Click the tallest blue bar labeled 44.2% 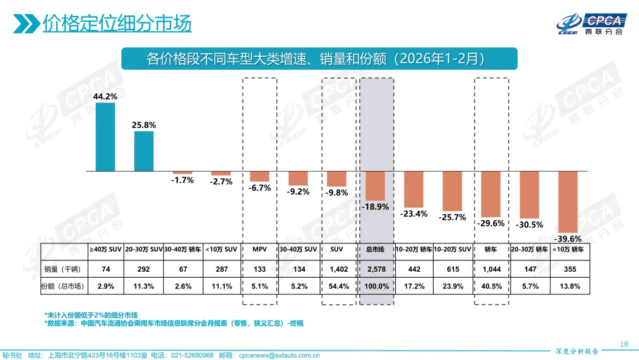[x=105, y=137]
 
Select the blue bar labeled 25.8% [x=144, y=152]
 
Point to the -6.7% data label [x=260, y=188]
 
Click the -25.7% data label [x=453, y=217]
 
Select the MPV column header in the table [x=260, y=250]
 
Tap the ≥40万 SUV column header [x=105, y=250]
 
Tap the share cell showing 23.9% [x=453, y=287]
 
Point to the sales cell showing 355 [x=567, y=269]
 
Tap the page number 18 [x=623, y=344]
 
